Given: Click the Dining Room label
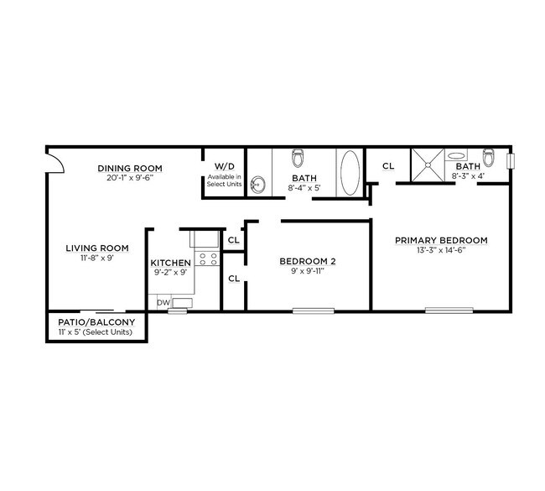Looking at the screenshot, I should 129,168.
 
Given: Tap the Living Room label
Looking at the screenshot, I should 98,248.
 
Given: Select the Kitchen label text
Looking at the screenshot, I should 170,263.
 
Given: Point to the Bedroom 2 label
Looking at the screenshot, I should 307,262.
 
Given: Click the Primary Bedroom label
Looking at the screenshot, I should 441,240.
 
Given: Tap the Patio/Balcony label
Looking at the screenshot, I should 96,322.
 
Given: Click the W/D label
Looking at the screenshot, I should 224,166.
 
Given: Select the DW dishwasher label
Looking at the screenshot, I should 163,302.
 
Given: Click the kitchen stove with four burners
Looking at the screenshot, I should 208,258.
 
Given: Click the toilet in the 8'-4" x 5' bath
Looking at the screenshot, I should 297,158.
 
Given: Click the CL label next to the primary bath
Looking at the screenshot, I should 388,166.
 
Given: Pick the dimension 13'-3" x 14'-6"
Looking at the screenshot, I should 441,251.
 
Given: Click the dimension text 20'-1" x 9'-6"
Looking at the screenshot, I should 129,178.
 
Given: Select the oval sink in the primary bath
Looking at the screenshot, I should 458,155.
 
